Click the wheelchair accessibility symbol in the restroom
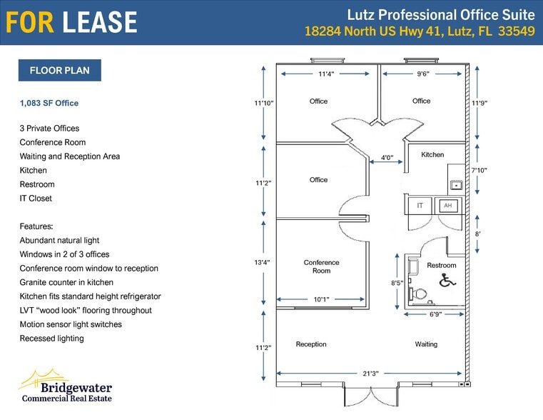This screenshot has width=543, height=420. pyautogui.click(x=447, y=280)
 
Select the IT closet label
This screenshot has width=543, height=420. pyautogui.click(x=420, y=206)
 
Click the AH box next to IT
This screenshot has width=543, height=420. pyautogui.click(x=448, y=206)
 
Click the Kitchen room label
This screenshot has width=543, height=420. pyautogui.click(x=432, y=155)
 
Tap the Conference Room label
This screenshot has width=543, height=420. pyautogui.click(x=321, y=266)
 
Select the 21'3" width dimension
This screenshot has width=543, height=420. pyautogui.click(x=370, y=373)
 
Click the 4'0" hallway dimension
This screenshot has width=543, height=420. pyautogui.click(x=387, y=158)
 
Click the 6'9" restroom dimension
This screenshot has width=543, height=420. pyautogui.click(x=435, y=314)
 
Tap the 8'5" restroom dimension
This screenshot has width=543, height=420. pyautogui.click(x=397, y=283)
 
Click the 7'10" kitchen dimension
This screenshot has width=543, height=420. pyautogui.click(x=479, y=170)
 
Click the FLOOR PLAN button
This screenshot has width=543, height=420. pyautogui.click(x=59, y=70)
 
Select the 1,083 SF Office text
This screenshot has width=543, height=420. pyautogui.click(x=49, y=103)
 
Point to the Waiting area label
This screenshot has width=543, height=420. pyautogui.click(x=426, y=344)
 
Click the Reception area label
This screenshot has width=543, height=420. pyautogui.click(x=311, y=344)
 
